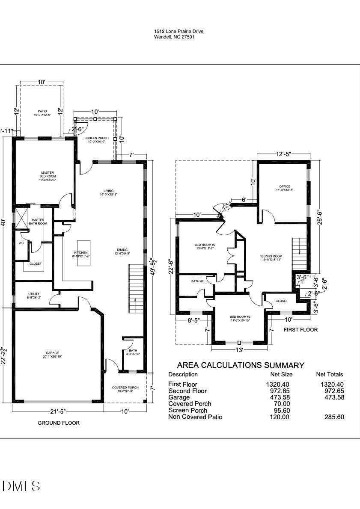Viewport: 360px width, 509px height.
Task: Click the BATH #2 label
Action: (x=197, y=281)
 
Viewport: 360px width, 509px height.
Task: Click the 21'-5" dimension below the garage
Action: (x=57, y=411)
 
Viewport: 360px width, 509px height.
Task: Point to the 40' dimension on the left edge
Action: (x=3, y=222)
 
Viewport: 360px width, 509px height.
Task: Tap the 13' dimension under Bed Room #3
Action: (x=239, y=350)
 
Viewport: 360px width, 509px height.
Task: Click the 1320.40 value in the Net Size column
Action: (x=277, y=384)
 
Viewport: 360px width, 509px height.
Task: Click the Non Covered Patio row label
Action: (x=195, y=417)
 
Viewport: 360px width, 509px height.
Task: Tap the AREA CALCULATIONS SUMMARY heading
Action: (x=241, y=365)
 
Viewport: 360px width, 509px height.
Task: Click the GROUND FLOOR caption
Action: (x=59, y=423)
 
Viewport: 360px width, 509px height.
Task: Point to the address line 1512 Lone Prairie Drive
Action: (x=179, y=31)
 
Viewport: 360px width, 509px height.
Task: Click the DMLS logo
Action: (x=21, y=486)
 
